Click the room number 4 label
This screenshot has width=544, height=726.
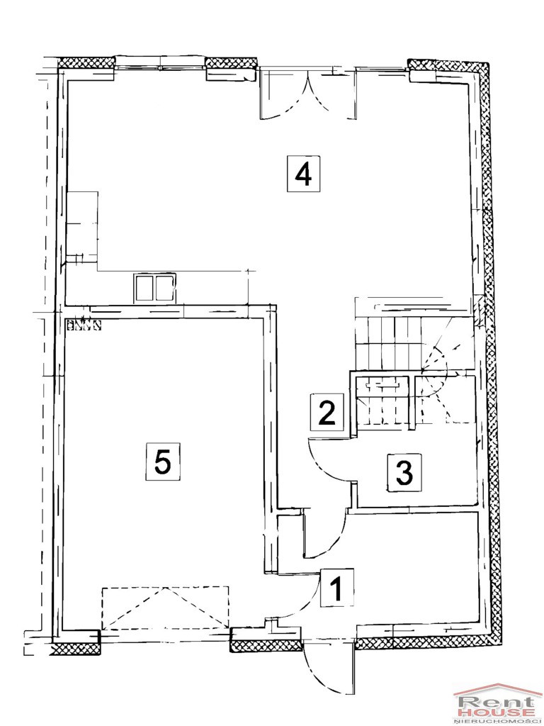pos(303,174)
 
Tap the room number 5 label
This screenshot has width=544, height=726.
pos(162,461)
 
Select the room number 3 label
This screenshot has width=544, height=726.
pos(404,472)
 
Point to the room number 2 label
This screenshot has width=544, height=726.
pos(327,411)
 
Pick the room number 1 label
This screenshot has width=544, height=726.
pos(337,588)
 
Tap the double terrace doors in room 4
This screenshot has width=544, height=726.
pos(307,93)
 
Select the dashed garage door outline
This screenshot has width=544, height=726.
pos(165,608)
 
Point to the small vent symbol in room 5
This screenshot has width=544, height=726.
pos(84,325)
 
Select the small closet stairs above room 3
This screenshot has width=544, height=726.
pos(382,402)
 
